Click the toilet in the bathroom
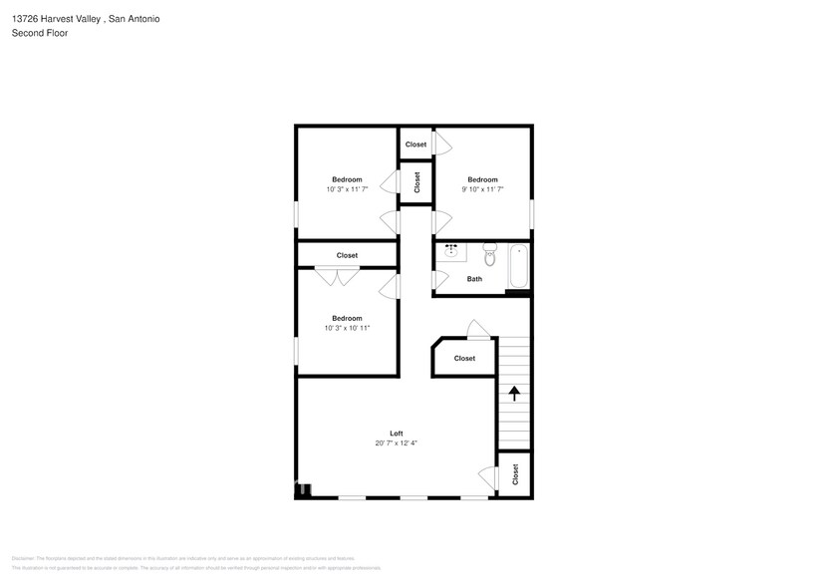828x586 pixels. (x=489, y=249)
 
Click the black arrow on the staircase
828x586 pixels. (x=514, y=393)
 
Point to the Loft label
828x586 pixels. (x=396, y=434)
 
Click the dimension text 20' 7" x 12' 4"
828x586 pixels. (x=396, y=443)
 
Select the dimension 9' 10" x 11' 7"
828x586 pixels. (x=482, y=189)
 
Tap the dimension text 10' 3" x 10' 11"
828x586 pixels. (x=347, y=328)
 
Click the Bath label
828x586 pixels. (x=474, y=279)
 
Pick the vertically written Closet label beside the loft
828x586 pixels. (x=515, y=474)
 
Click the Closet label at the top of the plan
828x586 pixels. (x=415, y=145)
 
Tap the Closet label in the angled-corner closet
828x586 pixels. (x=464, y=359)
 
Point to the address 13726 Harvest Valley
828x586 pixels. (x=55, y=19)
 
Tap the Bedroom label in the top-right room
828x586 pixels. (x=482, y=179)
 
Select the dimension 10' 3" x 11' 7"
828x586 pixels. (x=347, y=189)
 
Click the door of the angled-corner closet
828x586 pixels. (x=478, y=331)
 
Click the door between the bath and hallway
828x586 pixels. (x=438, y=281)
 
